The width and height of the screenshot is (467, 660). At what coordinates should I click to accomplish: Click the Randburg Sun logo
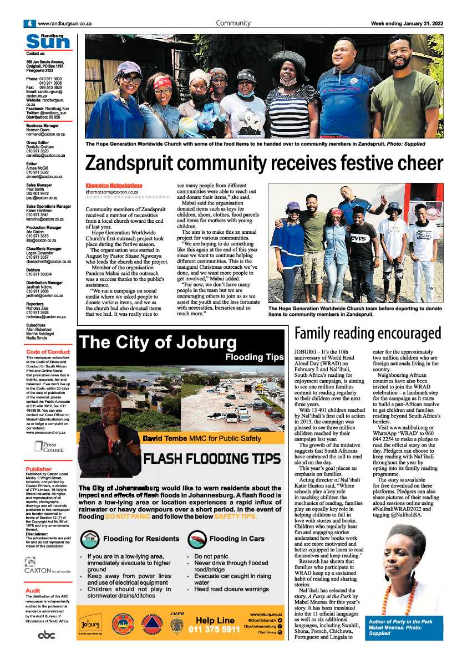tap(48, 40)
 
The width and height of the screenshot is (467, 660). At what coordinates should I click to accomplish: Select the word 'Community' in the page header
tap(233, 23)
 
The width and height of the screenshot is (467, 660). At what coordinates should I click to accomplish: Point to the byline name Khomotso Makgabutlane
tap(114, 185)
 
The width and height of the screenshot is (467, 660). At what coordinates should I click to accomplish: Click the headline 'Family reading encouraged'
tap(368, 334)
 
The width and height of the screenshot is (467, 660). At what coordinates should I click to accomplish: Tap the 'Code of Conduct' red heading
tap(48, 352)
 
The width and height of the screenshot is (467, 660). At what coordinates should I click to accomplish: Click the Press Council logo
tap(46, 447)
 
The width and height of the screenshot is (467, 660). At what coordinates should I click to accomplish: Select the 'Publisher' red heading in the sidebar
tap(39, 469)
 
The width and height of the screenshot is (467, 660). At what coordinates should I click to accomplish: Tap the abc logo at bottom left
tap(47, 635)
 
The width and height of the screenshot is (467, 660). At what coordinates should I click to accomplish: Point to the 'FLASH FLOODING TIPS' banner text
tap(212, 459)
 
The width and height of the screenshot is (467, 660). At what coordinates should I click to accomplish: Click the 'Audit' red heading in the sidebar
tap(33, 591)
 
